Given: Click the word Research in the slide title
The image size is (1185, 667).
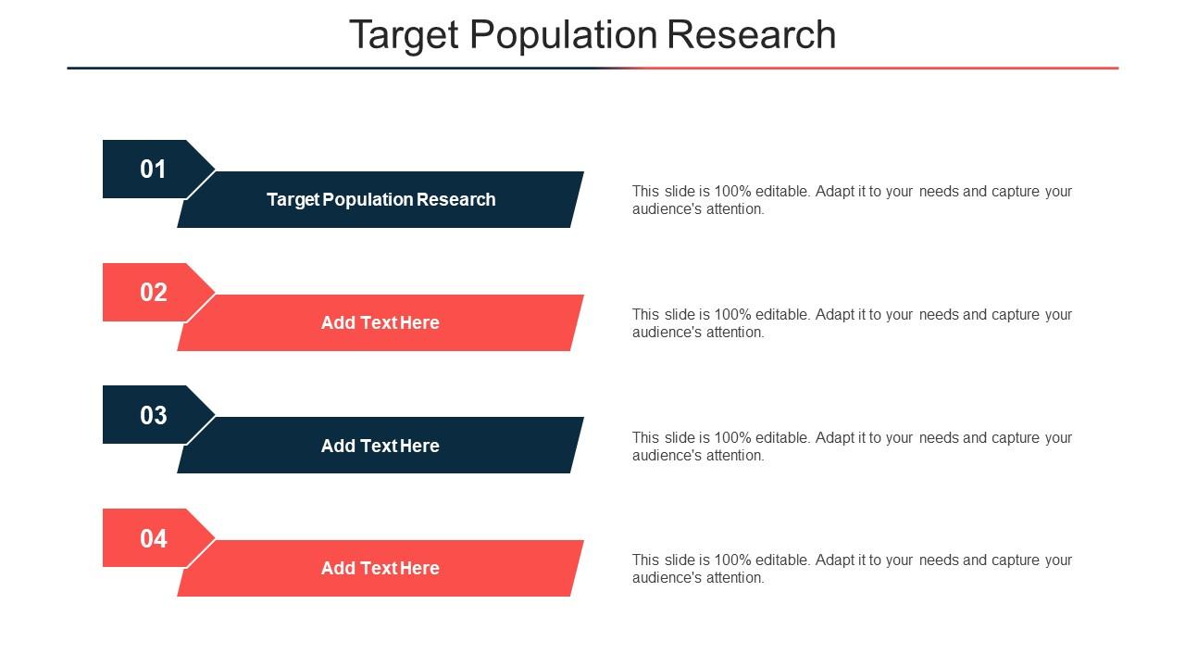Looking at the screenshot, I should pyautogui.click(x=752, y=35).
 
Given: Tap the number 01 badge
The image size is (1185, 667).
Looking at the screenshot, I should pyautogui.click(x=153, y=170).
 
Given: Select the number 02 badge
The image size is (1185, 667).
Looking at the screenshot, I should pyautogui.click(x=153, y=293).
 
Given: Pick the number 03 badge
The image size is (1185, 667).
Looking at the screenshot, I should pyautogui.click(x=153, y=416).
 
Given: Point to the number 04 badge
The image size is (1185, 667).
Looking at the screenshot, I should pyautogui.click(x=153, y=538).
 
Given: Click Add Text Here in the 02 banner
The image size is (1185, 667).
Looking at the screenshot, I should pyautogui.click(x=380, y=322).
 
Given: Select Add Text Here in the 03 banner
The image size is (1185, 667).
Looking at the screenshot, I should pyautogui.click(x=380, y=446).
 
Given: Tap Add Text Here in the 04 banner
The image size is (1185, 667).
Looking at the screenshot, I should pyautogui.click(x=380, y=568).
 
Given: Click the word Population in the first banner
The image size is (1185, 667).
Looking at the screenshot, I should pyautogui.click(x=367, y=199).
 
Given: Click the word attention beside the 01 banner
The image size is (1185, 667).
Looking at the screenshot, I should pyautogui.click(x=735, y=209).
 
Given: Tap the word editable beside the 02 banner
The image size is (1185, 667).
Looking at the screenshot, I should pyautogui.click(x=782, y=315).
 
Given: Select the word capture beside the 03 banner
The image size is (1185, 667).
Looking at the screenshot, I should pyautogui.click(x=1016, y=438).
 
